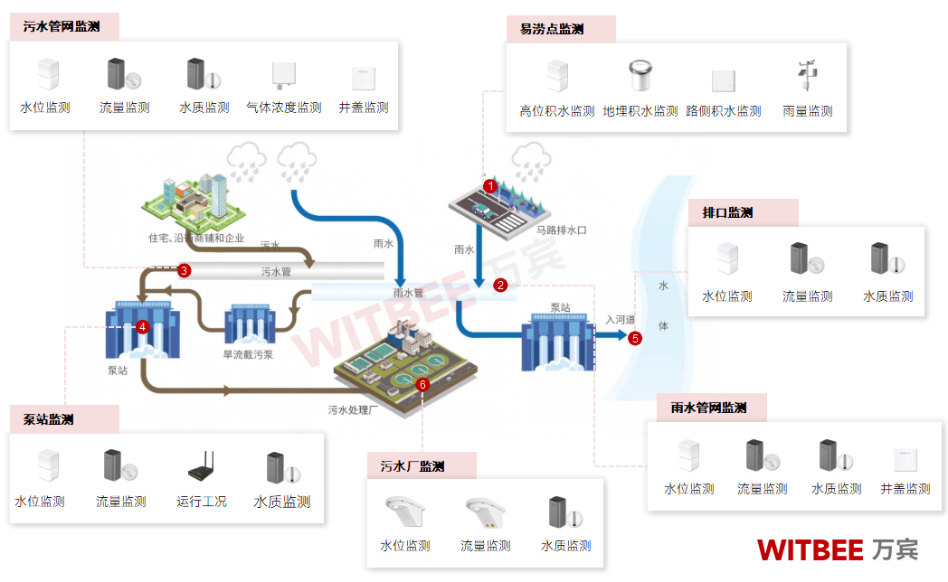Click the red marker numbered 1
490,185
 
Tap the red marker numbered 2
500,286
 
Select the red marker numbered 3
184,270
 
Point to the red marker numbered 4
142,327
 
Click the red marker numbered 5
635,338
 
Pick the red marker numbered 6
422,384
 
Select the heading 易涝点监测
552,29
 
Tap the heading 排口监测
727,212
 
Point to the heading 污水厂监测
412,466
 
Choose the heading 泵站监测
49,419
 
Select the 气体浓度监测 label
284,108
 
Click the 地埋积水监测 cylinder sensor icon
640,77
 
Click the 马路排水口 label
561,230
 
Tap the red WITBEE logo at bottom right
812,549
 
